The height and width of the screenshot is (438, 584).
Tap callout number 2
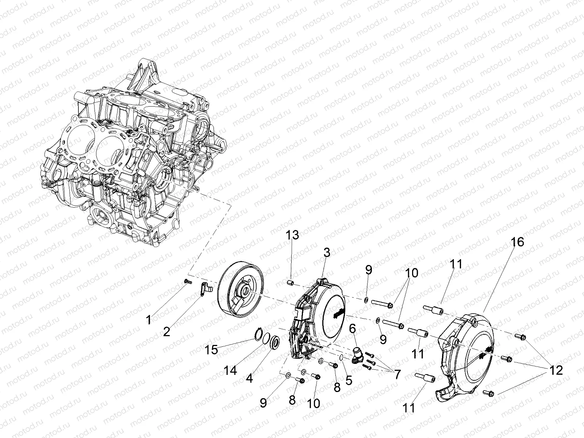[166, 332]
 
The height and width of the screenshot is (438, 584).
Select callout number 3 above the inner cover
[327, 252]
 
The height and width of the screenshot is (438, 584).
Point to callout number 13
[292, 235]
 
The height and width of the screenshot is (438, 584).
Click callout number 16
[517, 242]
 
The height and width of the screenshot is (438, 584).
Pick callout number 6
[353, 329]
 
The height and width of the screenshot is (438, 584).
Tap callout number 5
[349, 380]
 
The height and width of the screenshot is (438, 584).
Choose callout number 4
[249, 379]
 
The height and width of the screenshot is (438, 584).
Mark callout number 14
[230, 370]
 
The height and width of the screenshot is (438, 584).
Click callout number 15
[211, 350]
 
